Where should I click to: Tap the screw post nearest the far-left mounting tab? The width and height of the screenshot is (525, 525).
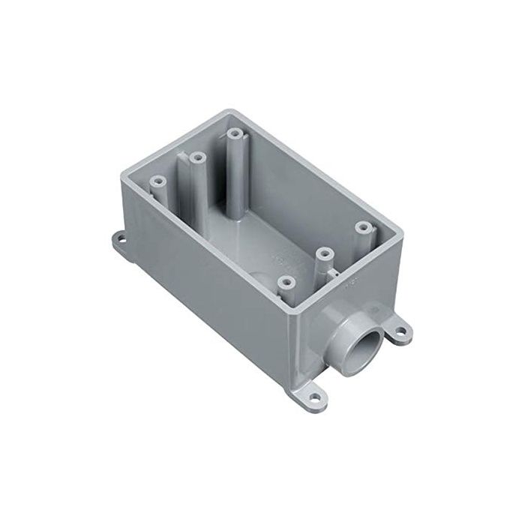159,181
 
